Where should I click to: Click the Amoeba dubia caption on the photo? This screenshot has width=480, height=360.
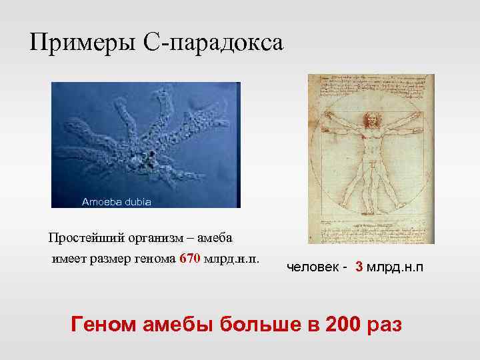click(x=116, y=201)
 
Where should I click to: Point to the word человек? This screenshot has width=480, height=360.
click(x=313, y=267)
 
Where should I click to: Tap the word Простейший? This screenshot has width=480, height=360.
click(x=82, y=239)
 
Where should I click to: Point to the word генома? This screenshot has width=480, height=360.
click(x=155, y=259)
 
